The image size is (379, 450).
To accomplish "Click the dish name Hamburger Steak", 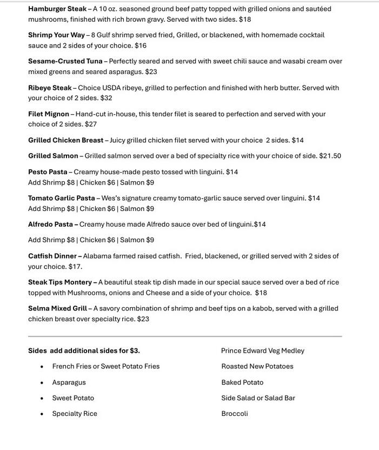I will tap(57, 9).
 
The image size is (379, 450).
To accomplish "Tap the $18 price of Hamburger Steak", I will tap(245, 19).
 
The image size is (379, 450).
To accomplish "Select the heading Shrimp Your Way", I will tap(56, 35).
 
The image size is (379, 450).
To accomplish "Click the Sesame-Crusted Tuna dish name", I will tap(65, 61).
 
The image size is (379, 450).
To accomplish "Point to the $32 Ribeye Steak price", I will tap(106, 98).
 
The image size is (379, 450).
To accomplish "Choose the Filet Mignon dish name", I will tap(49, 114).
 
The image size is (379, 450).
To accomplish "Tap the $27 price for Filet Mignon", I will tap(91, 124).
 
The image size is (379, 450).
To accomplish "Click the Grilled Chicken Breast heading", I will tap(65, 141).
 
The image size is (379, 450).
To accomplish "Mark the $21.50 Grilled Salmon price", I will tap(330, 156).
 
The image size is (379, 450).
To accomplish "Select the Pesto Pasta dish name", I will tap(48, 172).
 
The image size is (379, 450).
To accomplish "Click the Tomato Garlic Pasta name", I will tap(61, 198).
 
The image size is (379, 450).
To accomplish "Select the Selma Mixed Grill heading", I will tap(57, 309).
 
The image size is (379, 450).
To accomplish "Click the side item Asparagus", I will tap(69, 383).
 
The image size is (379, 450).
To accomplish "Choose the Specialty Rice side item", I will tap(75, 414).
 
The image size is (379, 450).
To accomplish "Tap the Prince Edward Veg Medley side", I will tap(262, 351).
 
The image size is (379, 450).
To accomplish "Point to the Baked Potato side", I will tap(242, 383).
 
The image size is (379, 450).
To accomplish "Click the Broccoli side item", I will tap(235, 414).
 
